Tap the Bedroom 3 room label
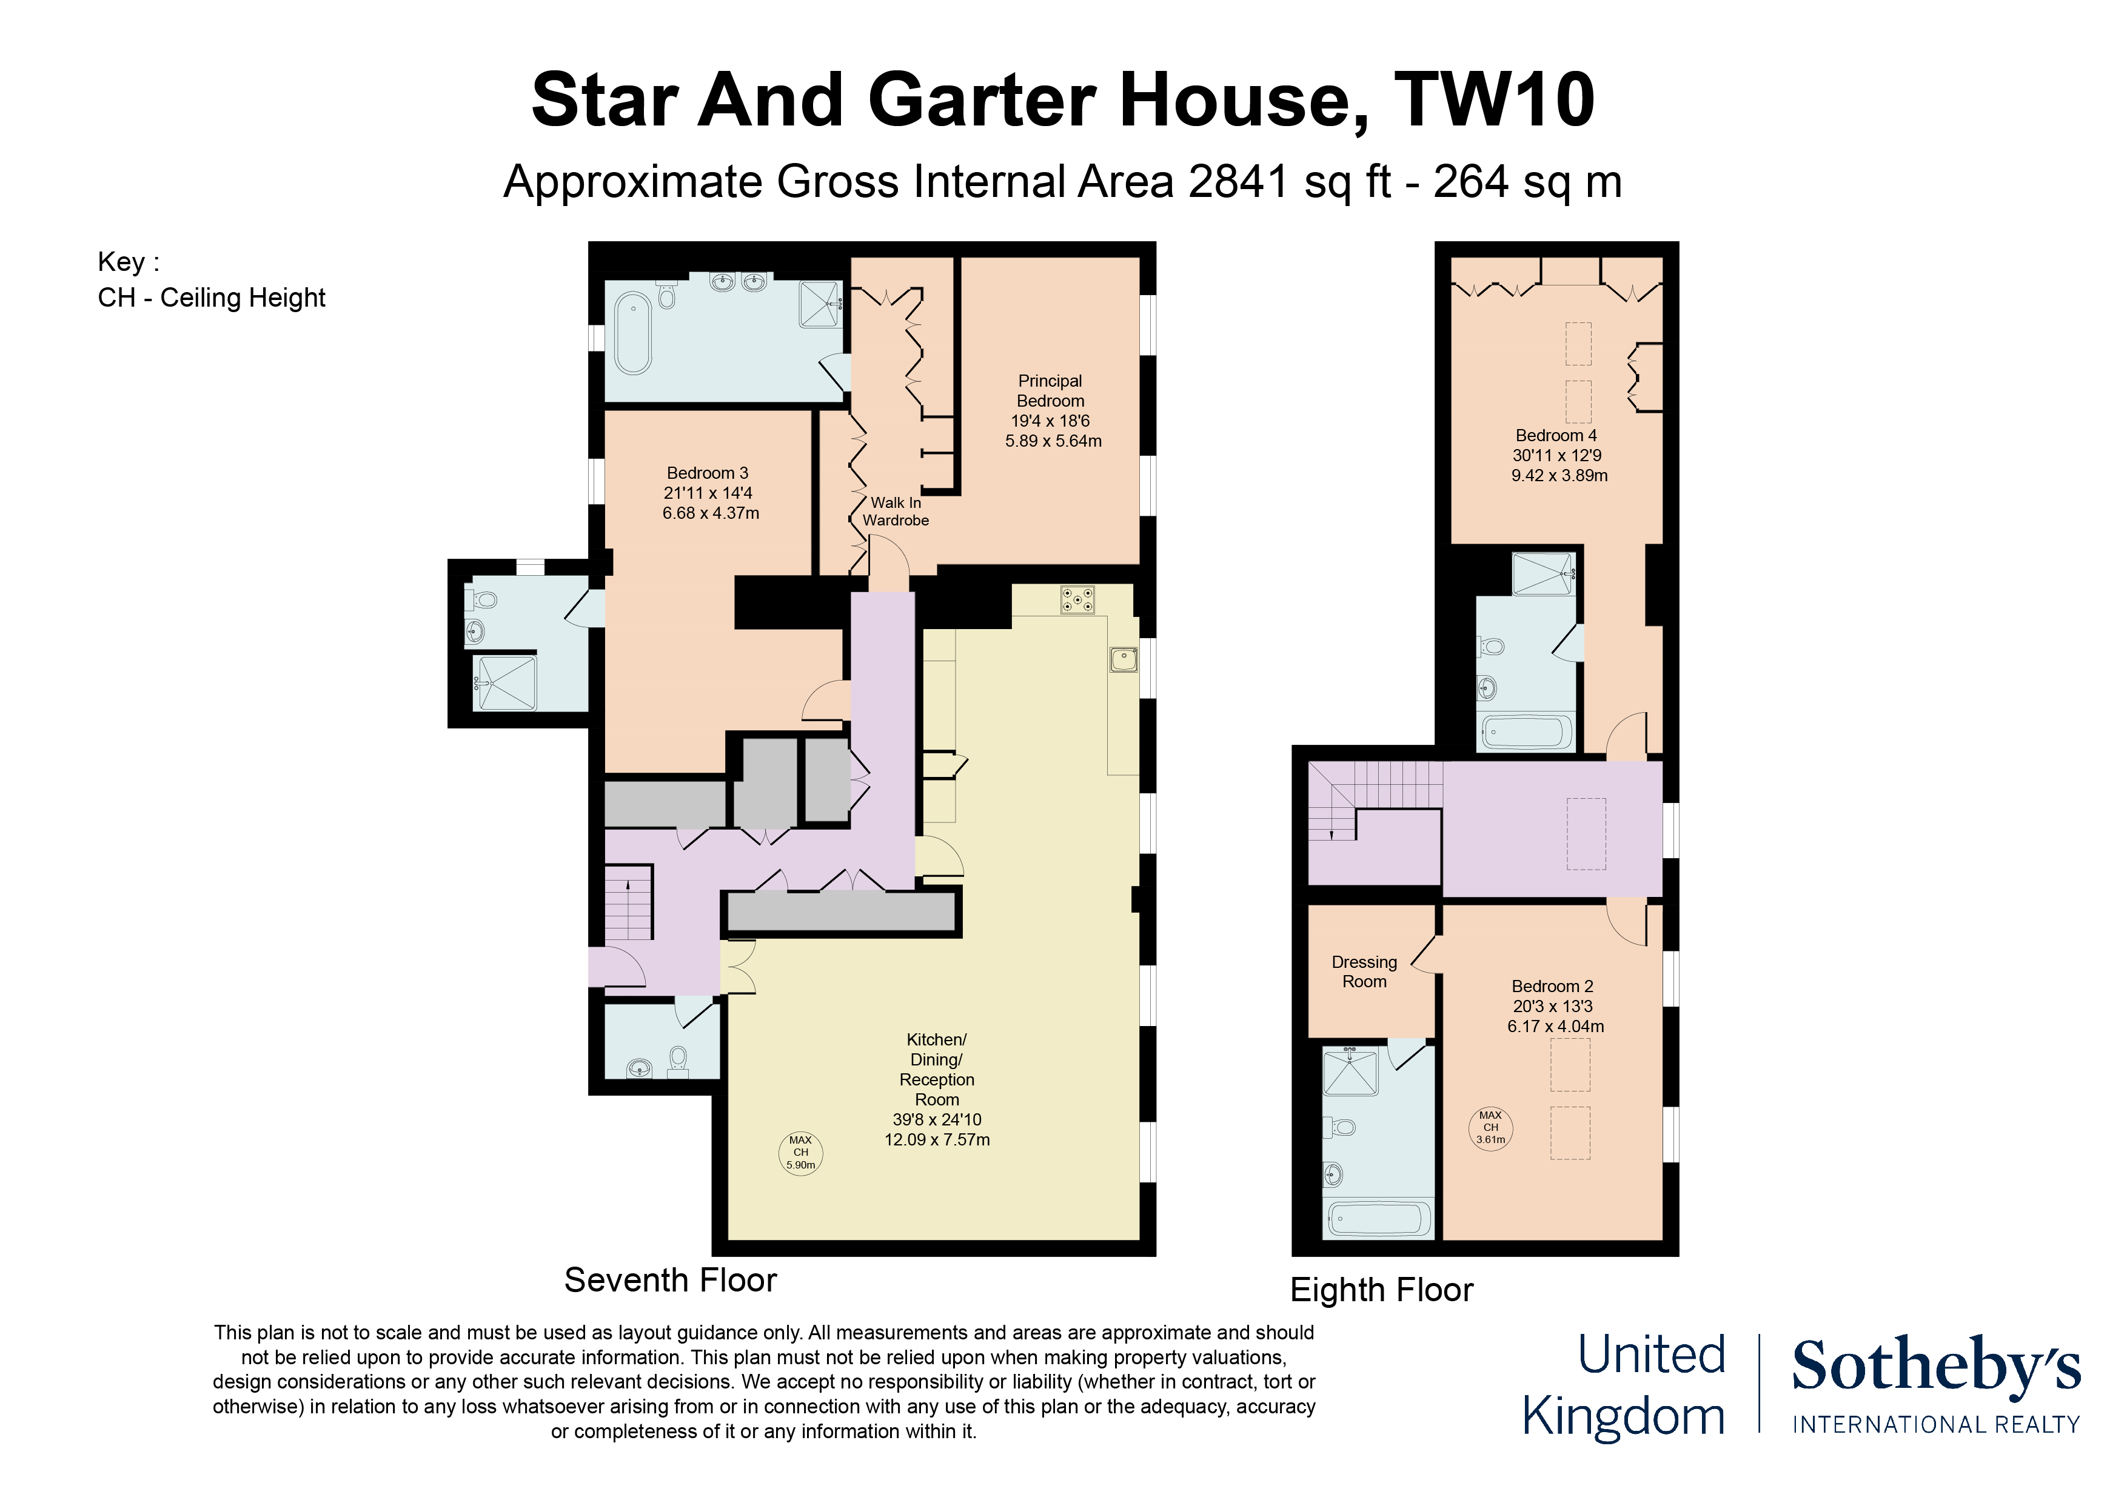click(x=708, y=473)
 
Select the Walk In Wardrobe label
click(x=896, y=511)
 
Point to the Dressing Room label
click(x=1365, y=971)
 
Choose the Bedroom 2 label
click(x=1553, y=986)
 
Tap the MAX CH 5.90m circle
click(x=800, y=1153)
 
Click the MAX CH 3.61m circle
click(x=1490, y=1128)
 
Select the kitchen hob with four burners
click(x=1077, y=599)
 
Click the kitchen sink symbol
click(x=1124, y=659)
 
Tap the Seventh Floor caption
click(x=671, y=1280)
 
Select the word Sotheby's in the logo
click(x=1936, y=1366)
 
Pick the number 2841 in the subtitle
click(x=1238, y=181)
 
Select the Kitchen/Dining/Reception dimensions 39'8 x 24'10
click(x=937, y=1119)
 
